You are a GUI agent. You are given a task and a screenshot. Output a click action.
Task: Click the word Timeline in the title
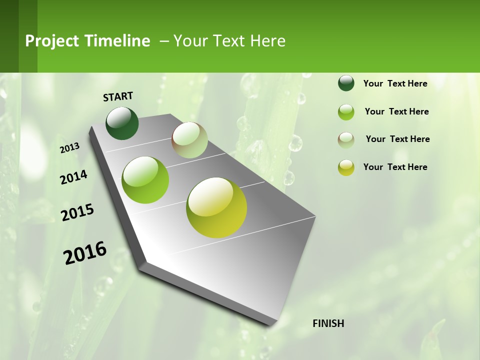[117, 41]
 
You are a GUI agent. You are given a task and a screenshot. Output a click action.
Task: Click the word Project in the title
[53, 41]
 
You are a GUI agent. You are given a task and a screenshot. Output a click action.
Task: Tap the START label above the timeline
[118, 96]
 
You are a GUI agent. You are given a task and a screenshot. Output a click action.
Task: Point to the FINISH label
[328, 323]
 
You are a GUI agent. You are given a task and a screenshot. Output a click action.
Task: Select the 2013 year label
[70, 147]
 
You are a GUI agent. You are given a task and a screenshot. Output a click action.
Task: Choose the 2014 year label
[74, 177]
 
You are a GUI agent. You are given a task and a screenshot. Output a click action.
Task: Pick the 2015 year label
[77, 212]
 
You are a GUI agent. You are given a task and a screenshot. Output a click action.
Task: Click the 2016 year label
[85, 253]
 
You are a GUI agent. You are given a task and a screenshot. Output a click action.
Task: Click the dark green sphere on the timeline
[122, 123]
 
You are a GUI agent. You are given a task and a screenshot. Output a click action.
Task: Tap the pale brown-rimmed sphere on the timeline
[189, 140]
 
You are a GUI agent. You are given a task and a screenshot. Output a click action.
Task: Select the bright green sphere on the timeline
[145, 180]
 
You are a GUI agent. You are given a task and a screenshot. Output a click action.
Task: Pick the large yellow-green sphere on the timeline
[216, 207]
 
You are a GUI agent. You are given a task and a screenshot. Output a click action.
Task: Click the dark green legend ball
[346, 83]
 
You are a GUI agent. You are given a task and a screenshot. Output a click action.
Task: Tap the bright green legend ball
[346, 112]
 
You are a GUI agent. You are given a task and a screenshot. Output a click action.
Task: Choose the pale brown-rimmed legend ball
[346, 140]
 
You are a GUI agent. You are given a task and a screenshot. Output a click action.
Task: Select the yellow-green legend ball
[346, 167]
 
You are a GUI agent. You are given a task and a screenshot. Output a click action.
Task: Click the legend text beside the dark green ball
[395, 83]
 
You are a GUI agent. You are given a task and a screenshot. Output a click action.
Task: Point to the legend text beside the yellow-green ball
[395, 167]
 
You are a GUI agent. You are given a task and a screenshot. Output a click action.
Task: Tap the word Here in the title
[267, 41]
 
